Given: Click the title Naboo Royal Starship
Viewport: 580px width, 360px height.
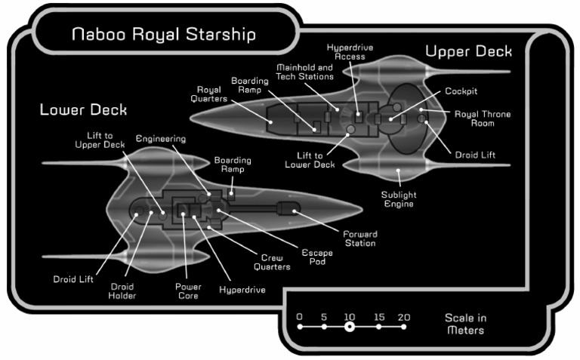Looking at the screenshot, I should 163,35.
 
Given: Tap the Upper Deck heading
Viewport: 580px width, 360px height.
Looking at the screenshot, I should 468,51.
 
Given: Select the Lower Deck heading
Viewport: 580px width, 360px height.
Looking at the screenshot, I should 83,110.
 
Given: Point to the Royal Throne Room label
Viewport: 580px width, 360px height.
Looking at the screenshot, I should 482,118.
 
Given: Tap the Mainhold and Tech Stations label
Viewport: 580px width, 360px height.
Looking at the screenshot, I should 306,72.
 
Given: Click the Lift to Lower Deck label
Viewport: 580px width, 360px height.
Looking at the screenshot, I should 315,159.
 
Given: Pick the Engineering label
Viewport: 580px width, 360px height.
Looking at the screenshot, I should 160,139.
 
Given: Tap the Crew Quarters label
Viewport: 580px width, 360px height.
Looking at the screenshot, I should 276,262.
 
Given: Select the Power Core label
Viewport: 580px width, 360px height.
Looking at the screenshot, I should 187,291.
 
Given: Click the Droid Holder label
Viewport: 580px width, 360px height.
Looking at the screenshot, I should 122,291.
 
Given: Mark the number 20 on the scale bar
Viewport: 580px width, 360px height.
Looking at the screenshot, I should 403,316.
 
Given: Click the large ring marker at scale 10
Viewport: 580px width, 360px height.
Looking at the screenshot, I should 349,327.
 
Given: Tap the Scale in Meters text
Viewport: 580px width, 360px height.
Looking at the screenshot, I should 465,325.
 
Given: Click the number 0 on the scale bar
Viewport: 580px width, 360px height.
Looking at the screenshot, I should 300,316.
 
